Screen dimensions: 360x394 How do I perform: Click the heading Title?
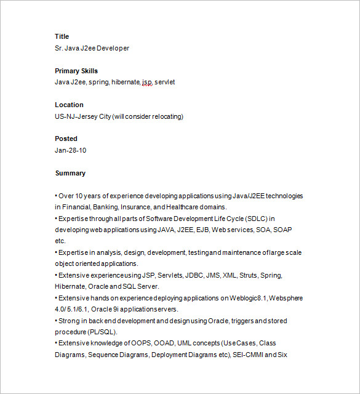62,36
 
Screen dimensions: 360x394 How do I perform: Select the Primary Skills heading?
76,71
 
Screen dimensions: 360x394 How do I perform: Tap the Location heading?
69,105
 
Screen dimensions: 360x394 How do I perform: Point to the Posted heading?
66,139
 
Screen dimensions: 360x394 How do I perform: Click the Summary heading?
70,173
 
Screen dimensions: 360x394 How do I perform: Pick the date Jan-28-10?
70,150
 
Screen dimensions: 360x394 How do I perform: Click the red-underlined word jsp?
146,82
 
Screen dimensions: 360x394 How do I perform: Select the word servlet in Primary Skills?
165,82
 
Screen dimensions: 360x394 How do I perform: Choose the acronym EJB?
202,230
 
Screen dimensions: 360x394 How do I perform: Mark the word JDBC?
183,275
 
